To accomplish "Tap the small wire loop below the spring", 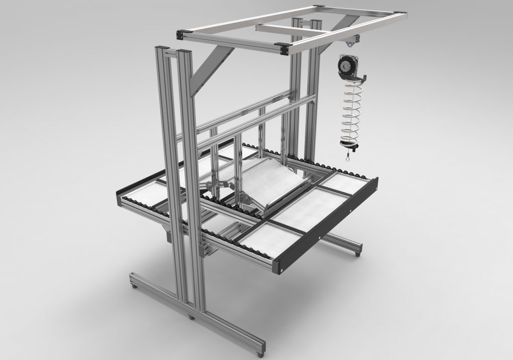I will tap(347, 159).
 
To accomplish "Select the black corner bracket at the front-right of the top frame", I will tap(285, 48).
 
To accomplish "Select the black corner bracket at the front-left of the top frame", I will tap(182, 34).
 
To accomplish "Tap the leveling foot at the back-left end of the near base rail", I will tap(133, 287).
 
